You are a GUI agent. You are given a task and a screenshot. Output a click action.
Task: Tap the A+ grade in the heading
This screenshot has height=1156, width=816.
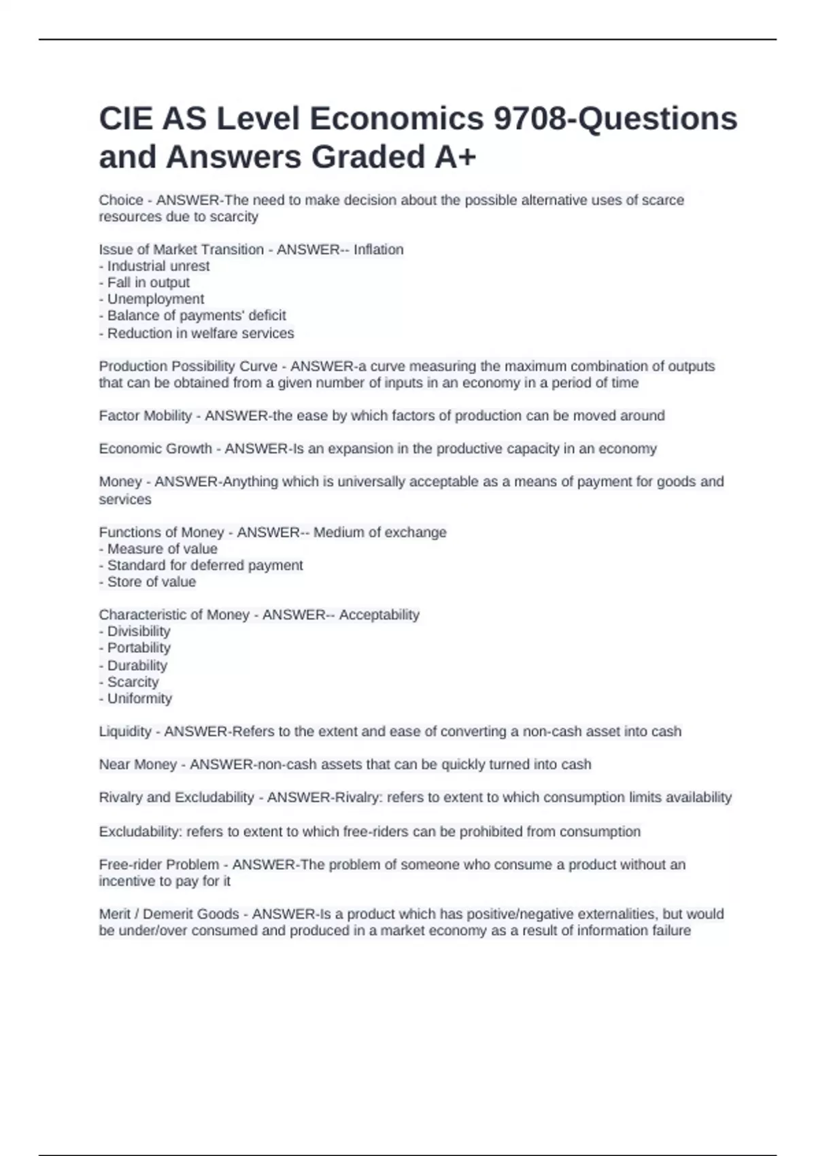click(x=455, y=157)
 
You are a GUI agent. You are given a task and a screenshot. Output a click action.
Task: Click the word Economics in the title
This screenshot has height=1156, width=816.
click(x=397, y=119)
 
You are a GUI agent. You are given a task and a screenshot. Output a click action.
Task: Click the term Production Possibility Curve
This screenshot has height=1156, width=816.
click(x=188, y=366)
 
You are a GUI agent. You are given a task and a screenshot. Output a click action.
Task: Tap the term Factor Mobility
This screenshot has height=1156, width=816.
click(x=145, y=415)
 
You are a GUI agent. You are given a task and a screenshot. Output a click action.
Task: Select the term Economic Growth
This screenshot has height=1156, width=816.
click(x=155, y=449)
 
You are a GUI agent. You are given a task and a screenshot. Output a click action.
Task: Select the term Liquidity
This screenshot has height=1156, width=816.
click(x=125, y=732)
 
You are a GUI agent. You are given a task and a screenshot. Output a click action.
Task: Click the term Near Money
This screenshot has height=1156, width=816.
click(x=137, y=764)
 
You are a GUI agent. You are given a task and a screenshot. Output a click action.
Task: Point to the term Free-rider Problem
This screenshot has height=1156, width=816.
click(x=158, y=864)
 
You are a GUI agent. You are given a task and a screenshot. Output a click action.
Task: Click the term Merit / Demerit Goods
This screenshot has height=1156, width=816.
click(x=169, y=914)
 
